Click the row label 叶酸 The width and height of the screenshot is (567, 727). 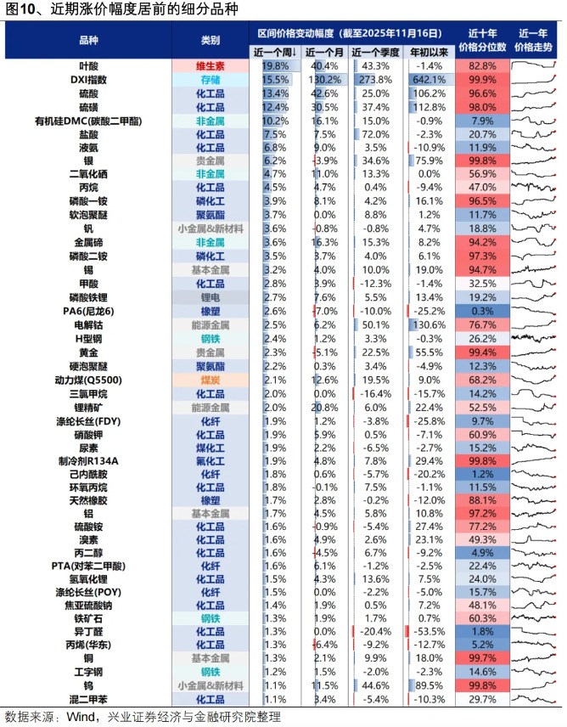[x=88, y=65]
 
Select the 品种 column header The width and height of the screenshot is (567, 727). [x=88, y=41]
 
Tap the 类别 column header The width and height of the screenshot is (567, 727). [x=211, y=41]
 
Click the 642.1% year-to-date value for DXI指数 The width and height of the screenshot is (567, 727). [x=429, y=79]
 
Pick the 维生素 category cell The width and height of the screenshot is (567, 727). [x=211, y=65]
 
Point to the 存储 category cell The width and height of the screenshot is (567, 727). [x=211, y=79]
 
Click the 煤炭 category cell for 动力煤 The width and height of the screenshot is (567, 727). [x=211, y=380]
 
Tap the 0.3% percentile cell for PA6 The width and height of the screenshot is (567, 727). [x=482, y=311]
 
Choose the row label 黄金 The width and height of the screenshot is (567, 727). [x=88, y=352]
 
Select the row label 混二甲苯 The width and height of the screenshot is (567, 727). [x=88, y=698]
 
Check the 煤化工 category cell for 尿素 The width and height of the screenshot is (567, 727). [x=211, y=448]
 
